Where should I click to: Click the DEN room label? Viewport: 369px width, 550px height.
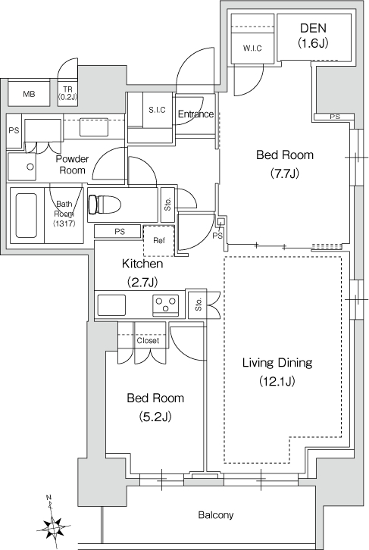[313, 28]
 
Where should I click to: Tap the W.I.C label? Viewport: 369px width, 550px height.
[252, 48]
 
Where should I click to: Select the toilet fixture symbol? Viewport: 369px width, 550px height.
[105, 204]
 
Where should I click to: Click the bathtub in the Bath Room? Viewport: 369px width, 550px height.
[27, 215]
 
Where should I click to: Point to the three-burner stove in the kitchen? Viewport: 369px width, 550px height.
[166, 304]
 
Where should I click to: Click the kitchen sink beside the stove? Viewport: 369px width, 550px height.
[111, 305]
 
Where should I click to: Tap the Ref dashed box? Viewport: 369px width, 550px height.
[158, 241]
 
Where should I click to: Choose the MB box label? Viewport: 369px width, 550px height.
[29, 94]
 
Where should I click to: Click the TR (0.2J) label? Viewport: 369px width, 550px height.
[67, 93]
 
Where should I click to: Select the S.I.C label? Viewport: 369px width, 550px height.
[157, 110]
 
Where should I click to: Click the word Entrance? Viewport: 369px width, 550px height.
[195, 114]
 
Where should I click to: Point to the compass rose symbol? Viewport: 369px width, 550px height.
[53, 527]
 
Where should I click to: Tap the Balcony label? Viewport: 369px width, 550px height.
[216, 515]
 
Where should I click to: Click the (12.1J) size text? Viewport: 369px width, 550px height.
[277, 381]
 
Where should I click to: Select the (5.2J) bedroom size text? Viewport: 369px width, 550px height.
[155, 417]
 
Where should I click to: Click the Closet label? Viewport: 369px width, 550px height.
[148, 341]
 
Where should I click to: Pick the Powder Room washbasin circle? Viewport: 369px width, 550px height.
[30, 167]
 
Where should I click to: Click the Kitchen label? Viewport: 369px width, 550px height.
[142, 264]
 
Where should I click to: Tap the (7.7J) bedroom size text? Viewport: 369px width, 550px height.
[284, 173]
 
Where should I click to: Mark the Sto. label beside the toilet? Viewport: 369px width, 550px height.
[167, 204]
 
